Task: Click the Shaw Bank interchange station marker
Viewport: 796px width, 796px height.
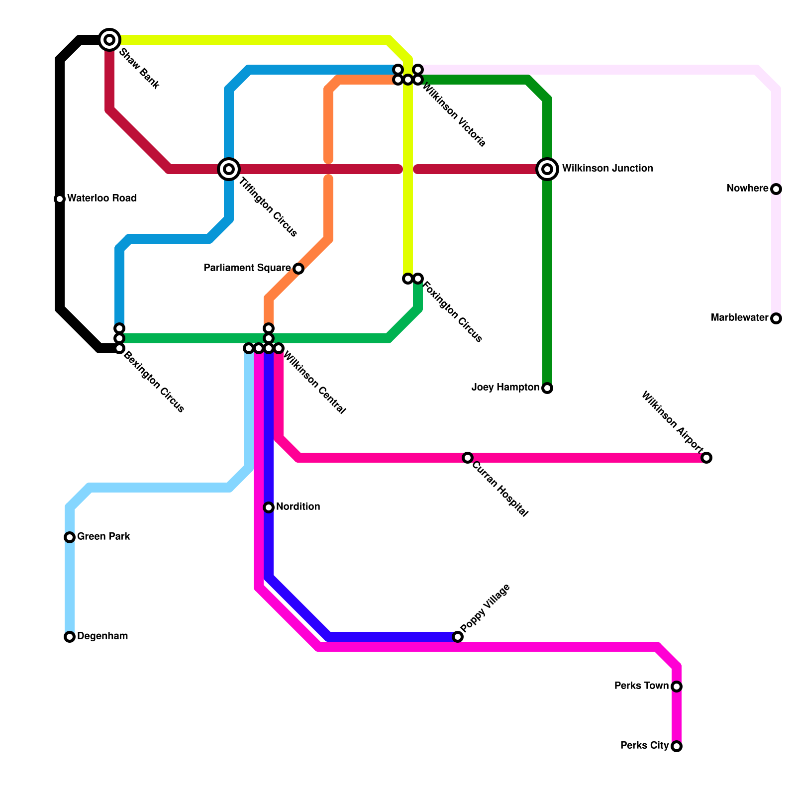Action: (109, 39)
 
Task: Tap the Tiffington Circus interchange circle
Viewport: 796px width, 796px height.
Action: (229, 169)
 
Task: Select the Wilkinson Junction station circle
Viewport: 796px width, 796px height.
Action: (547, 169)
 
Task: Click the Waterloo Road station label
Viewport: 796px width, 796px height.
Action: (101, 199)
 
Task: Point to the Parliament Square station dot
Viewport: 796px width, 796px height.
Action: (298, 269)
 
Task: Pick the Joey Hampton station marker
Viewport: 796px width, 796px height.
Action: (547, 388)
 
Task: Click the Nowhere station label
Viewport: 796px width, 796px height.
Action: (747, 189)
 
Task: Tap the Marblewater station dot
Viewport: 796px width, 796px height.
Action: (776, 318)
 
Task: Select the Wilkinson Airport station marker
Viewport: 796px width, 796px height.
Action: (706, 458)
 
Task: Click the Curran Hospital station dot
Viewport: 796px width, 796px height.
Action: (468, 458)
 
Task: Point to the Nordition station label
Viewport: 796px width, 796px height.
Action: (298, 507)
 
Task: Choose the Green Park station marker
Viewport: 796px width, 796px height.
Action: (70, 537)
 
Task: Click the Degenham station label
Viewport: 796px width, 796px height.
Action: (102, 636)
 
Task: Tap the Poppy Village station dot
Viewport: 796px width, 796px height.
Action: (458, 637)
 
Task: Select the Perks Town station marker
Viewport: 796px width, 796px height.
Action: (677, 687)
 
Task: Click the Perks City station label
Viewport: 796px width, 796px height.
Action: (644, 746)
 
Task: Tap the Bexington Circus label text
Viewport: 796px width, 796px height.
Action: (154, 382)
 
